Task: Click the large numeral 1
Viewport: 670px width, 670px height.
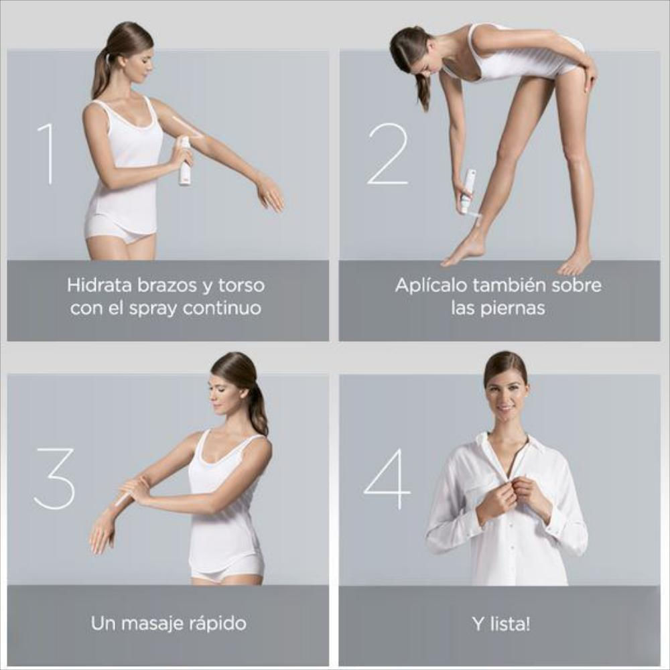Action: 48,154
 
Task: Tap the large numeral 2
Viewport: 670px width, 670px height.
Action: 387,154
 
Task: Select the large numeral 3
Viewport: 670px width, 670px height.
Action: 54,478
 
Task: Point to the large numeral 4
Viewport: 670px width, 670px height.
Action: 387,478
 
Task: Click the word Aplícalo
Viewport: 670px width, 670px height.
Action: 431,285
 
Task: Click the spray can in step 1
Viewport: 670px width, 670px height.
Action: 185,161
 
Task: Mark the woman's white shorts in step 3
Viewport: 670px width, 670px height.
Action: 227,571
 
